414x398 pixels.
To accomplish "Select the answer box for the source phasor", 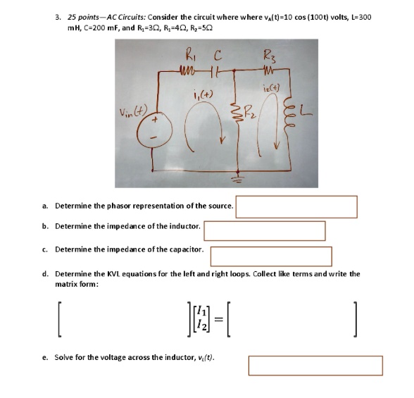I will coord(298,206).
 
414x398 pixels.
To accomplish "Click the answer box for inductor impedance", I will coord(265,230).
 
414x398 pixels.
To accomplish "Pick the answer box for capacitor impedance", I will coord(271,255).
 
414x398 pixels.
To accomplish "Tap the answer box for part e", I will coord(315,365).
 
